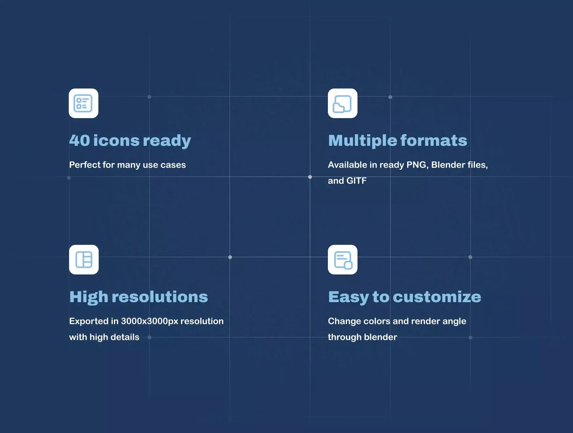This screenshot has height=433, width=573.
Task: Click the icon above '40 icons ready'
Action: (83, 103)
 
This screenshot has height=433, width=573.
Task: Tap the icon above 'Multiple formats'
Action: (343, 103)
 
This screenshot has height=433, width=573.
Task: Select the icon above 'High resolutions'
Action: (84, 259)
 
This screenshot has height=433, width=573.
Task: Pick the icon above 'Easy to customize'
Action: (343, 259)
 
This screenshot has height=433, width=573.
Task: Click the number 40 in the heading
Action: (80, 140)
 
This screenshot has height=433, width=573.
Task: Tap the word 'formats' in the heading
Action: (434, 140)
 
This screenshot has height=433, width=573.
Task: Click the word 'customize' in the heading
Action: (437, 297)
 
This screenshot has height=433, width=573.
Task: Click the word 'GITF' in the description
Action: (357, 181)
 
